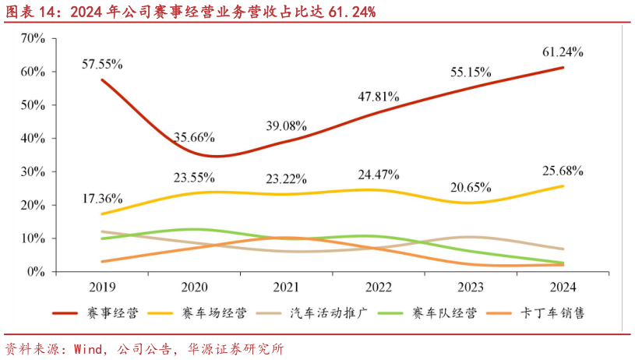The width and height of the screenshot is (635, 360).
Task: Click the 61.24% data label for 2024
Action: pyautogui.click(x=563, y=52)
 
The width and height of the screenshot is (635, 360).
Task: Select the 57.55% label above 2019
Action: pyautogui.click(x=102, y=63)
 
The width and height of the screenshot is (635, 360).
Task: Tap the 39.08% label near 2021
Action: pyautogui.click(x=286, y=125)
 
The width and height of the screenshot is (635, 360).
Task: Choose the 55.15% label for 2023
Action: pyautogui.click(x=471, y=72)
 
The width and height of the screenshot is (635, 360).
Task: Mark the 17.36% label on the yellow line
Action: pyautogui.click(x=102, y=199)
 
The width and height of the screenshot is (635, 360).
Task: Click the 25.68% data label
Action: pyautogui.click(x=563, y=170)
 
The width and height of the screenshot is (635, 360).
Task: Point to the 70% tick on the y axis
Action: pyautogui.click(x=34, y=37)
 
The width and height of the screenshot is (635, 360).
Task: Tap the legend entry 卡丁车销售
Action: pyautogui.click(x=556, y=313)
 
